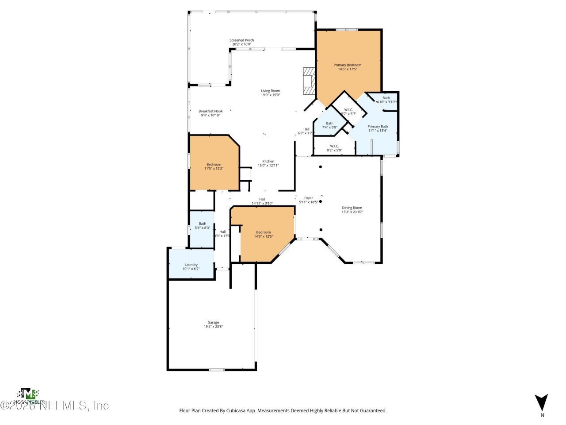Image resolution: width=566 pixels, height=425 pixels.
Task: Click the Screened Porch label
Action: point(241,40)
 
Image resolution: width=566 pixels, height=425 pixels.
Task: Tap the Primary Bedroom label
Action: point(347,65)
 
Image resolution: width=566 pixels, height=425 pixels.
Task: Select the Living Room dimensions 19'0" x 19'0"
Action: point(270,95)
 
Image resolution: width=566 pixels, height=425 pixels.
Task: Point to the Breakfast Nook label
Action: point(210,111)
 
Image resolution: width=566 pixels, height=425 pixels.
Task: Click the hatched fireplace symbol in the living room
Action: point(309,81)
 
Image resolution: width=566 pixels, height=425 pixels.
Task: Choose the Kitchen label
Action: point(268,161)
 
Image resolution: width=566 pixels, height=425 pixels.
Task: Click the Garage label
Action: point(213,322)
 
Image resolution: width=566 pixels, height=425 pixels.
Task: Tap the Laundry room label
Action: point(191,265)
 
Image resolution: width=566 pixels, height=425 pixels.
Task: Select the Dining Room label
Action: point(352,208)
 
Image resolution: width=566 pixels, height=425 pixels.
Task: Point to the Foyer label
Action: point(308,198)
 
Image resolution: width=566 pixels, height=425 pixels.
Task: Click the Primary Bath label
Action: point(378,126)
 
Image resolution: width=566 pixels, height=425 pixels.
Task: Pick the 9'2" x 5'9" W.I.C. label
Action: point(334,146)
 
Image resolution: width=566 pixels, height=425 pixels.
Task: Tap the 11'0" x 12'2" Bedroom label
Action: point(214,164)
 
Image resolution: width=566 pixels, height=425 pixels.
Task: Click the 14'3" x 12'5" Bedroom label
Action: point(264,232)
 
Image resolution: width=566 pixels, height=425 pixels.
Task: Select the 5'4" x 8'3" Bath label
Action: point(202,224)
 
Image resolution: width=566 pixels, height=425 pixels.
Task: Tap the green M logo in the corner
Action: point(29,394)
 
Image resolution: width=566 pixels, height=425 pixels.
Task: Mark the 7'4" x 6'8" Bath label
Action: point(329,124)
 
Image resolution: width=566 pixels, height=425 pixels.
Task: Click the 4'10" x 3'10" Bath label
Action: point(386,98)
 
